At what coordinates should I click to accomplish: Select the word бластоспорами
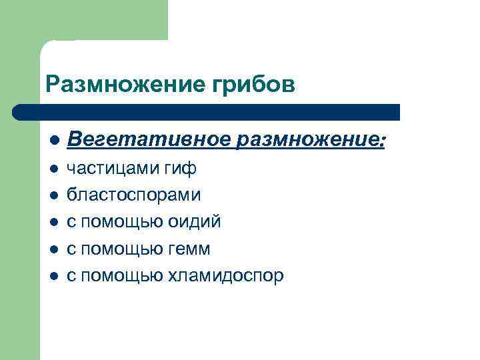(x=133, y=195)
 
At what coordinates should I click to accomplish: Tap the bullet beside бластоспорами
(x=53, y=196)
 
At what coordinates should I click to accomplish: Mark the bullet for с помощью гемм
(x=53, y=249)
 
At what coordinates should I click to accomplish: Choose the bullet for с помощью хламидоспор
(x=53, y=276)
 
